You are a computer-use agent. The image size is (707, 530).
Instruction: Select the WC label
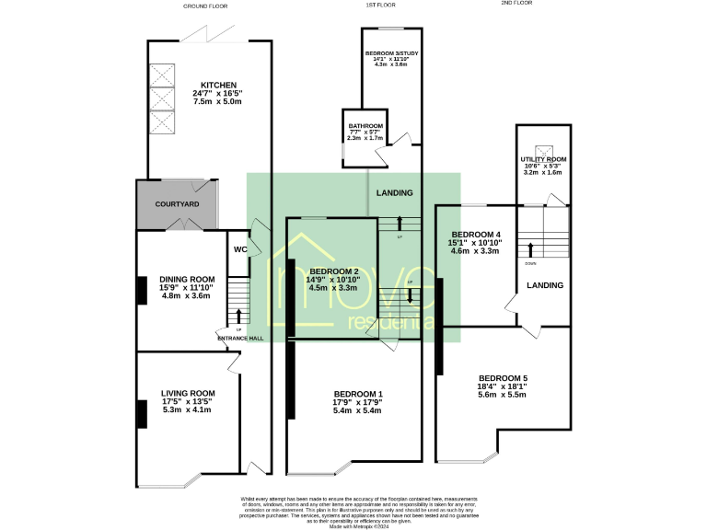(239, 249)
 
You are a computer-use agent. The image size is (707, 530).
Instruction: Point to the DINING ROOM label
(187, 279)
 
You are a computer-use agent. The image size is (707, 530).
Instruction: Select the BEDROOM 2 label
(333, 271)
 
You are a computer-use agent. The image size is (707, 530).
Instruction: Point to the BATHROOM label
(365, 125)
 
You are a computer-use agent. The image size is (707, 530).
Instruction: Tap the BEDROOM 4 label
(472, 234)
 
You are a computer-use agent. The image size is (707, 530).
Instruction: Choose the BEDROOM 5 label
(503, 378)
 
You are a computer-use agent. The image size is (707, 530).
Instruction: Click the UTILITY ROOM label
(543, 159)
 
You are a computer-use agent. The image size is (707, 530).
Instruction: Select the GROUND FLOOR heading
(205, 6)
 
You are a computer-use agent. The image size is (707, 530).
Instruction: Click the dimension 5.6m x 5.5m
(503, 396)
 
